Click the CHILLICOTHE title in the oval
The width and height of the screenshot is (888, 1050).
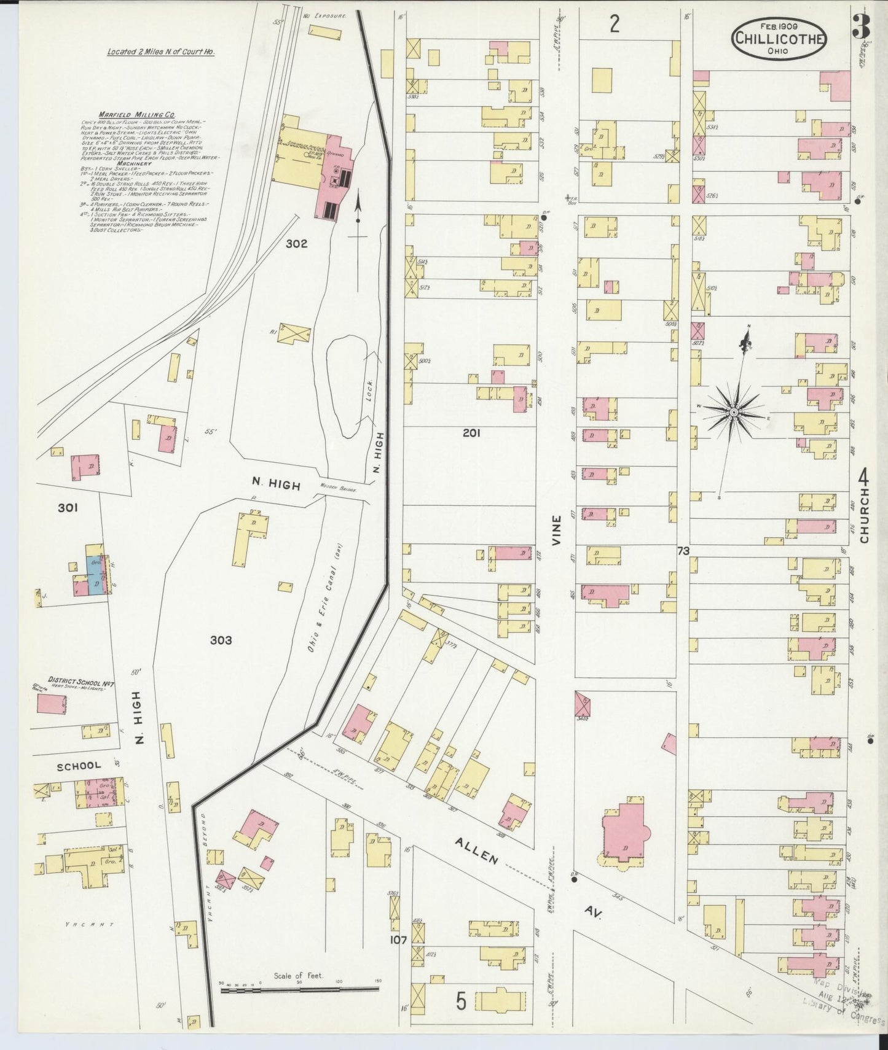[777, 39]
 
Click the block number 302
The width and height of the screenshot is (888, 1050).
[296, 244]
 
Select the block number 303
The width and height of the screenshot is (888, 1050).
[221, 640]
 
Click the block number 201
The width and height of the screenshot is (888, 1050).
[471, 433]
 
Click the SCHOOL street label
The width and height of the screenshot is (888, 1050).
[79, 766]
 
